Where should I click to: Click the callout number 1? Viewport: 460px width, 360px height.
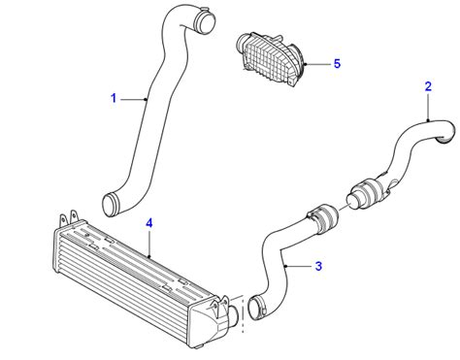(114, 98)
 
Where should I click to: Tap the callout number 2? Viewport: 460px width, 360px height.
(428, 87)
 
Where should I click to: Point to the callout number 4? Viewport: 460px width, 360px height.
(149, 223)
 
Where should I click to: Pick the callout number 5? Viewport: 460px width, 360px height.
(337, 64)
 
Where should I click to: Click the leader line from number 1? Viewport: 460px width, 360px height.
(131, 98)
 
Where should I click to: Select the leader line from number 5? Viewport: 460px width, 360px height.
(317, 65)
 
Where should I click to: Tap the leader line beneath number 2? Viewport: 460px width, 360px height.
(428, 106)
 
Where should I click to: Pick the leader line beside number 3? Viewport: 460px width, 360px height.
(298, 264)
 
